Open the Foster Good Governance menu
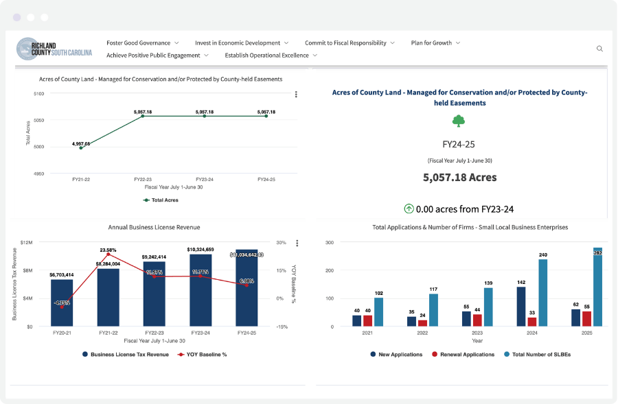pos(142,43)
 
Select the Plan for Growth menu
pos(435,43)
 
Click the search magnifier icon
pos(599,49)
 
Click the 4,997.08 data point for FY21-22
pos(81,147)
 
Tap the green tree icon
pos(459,121)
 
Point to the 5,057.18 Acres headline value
pos(459,177)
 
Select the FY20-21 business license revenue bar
pos(62,302)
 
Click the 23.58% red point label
pos(108,250)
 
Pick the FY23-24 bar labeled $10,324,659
pos(201,290)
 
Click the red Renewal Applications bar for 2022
pos(422,322)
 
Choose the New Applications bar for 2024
pos(520,306)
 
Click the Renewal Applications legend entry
pos(463,355)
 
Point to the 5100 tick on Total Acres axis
pos(38,93)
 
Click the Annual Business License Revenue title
pos(154,227)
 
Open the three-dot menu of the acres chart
pos(296,95)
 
